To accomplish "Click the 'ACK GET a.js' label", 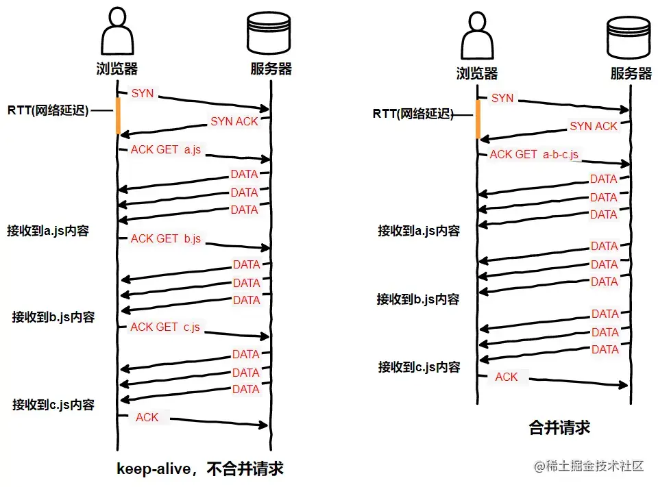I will pyautogui.click(x=165, y=149).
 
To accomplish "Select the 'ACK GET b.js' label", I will pyautogui.click(x=165, y=238).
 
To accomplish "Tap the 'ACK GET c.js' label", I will pyautogui.click(x=165, y=327).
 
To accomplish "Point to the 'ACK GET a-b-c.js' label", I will pyautogui.click(x=534, y=155).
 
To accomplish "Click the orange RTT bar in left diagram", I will pyautogui.click(x=118, y=115).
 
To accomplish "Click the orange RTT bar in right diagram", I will pyautogui.click(x=478, y=120).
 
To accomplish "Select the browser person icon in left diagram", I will pyautogui.click(x=117, y=34).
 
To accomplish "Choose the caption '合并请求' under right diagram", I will pyautogui.click(x=559, y=428).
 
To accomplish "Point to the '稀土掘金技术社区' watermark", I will pyautogui.click(x=589, y=466).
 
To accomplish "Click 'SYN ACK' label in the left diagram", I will pyautogui.click(x=234, y=121).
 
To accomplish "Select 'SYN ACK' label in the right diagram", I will pyautogui.click(x=594, y=126).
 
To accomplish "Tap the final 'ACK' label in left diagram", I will pyautogui.click(x=147, y=417).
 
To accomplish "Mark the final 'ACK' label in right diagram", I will pyautogui.click(x=507, y=377).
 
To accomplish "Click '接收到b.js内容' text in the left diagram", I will pyautogui.click(x=53, y=317).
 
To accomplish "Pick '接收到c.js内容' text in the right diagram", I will pyautogui.click(x=419, y=367).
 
